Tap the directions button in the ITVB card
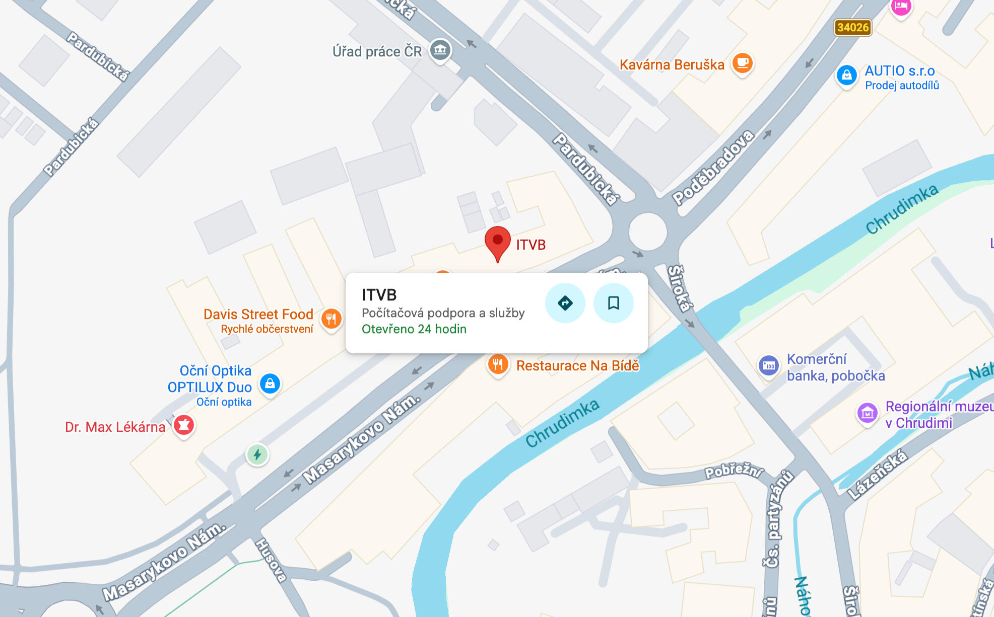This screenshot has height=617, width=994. [565, 303]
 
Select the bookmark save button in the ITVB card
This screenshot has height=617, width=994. [613, 303]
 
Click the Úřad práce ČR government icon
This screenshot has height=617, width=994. [440, 50]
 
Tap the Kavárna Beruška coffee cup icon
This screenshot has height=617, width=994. [742, 63]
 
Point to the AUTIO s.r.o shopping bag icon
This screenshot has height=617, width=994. [846, 75]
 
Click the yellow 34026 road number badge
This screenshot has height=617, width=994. [852, 27]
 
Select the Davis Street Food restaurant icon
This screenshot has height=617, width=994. [331, 319]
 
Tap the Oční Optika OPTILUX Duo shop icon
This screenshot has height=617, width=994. [270, 384]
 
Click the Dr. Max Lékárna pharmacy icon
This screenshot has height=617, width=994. [184, 425]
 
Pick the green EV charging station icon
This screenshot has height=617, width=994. [257, 455]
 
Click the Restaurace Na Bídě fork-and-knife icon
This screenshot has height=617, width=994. [498, 364]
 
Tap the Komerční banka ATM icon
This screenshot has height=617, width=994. [769, 365]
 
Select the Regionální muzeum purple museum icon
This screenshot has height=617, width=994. [867, 414]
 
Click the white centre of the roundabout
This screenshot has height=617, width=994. [648, 232]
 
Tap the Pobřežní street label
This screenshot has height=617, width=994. [733, 471]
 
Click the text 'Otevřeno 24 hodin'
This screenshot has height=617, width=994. [414, 329]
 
